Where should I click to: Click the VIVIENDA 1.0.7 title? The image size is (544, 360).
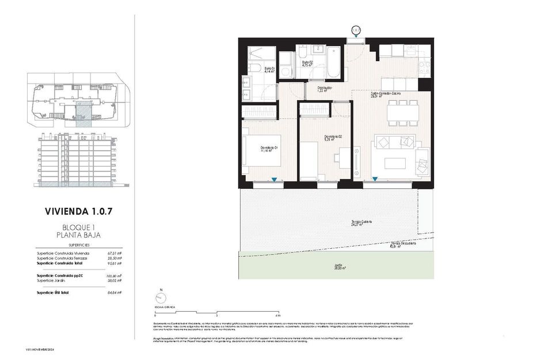(78, 211)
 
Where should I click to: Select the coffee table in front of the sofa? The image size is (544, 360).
(395, 163)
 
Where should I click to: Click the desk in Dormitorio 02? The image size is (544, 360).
(344, 157)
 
